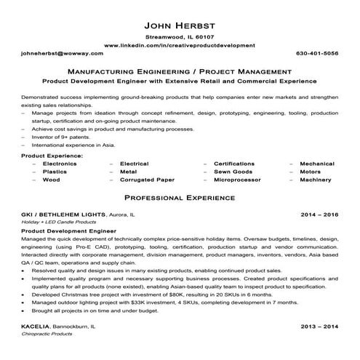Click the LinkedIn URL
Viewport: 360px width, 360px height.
pos(180,45)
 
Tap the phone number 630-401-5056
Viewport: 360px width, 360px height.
pos(318,55)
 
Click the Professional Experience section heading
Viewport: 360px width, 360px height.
pos(180,197)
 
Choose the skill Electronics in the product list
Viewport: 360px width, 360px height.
pos(60,164)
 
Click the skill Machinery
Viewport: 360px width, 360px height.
pos(315,179)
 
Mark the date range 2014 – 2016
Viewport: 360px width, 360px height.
pos(319,216)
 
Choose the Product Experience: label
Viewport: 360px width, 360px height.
pos(52,156)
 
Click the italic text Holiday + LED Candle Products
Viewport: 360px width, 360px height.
pos(58,223)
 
